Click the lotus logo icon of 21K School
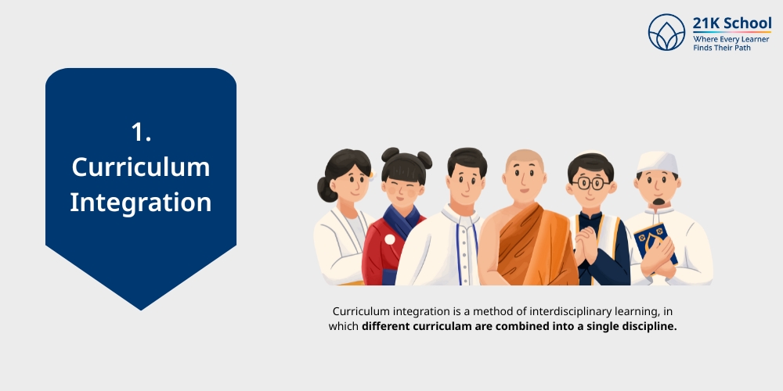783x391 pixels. pyautogui.click(x=666, y=32)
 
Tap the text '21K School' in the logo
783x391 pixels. pyautogui.click(x=732, y=23)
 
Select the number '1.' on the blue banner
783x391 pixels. pyautogui.click(x=141, y=132)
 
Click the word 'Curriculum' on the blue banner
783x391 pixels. pyautogui.click(x=141, y=167)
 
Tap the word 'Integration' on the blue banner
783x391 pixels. pyautogui.click(x=141, y=203)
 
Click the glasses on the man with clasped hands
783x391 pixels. pyautogui.click(x=590, y=184)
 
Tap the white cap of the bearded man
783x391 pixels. pyautogui.click(x=656, y=161)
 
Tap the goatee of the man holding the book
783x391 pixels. pyautogui.click(x=658, y=204)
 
